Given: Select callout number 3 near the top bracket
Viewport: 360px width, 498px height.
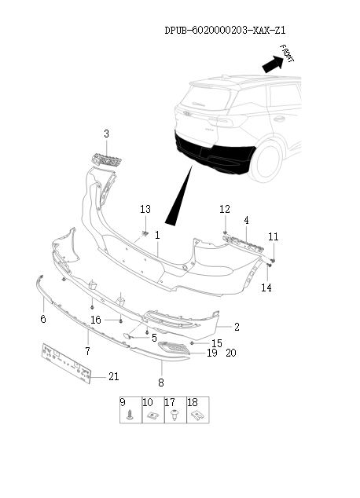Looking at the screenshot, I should click(106, 134).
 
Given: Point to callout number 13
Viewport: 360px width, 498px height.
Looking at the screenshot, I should click(145, 209).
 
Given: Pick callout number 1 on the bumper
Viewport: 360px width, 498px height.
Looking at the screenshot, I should click(157, 235).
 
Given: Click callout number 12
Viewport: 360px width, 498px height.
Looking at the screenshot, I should click(225, 209).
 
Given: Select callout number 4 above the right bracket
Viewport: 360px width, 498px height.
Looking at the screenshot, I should click(246, 220).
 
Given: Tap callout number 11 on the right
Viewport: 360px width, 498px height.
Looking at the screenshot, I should click(273, 236).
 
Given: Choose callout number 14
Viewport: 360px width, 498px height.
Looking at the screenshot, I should click(266, 288).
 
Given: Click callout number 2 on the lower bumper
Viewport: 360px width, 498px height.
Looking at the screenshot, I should click(237, 326).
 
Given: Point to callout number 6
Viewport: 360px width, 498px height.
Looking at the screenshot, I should click(43, 319).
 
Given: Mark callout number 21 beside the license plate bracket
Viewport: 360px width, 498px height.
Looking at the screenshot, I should click(113, 376).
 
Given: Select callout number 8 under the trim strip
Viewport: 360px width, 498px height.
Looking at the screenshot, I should click(161, 383).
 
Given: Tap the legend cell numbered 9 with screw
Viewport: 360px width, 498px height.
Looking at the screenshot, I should click(129, 410).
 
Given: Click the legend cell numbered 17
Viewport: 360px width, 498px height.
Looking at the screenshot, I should click(174, 410).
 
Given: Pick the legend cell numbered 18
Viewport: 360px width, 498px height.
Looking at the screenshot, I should click(197, 410).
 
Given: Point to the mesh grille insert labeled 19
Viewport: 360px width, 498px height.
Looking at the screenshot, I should click(174, 350).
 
